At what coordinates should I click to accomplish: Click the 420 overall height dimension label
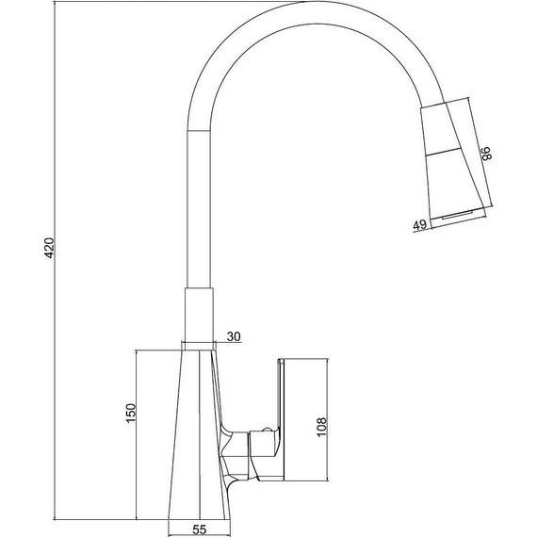[50, 248]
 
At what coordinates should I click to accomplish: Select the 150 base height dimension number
[131, 414]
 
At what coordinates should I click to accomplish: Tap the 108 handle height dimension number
[322, 427]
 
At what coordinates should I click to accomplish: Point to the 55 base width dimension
[200, 529]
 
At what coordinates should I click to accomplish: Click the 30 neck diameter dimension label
[234, 336]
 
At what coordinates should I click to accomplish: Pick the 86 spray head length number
[486, 153]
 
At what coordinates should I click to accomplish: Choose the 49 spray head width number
[420, 225]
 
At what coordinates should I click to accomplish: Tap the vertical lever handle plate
[281, 419]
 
